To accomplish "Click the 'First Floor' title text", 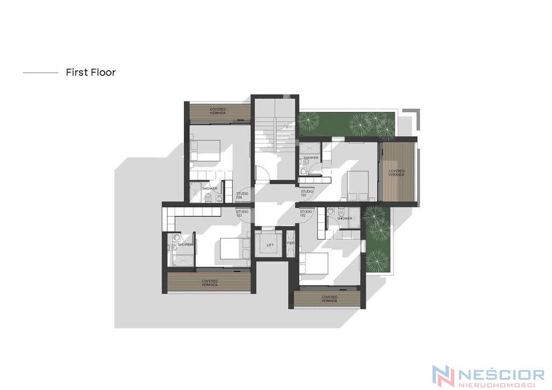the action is (91, 72).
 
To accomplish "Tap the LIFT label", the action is (270, 245).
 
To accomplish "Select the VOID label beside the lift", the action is (291, 243).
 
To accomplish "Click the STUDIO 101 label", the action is (307, 193).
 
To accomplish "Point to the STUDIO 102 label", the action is (306, 213).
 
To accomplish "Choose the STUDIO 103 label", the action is (242, 213).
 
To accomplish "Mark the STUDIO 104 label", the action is (242, 195).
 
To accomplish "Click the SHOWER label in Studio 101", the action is (311, 158).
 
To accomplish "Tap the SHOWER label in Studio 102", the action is (344, 218).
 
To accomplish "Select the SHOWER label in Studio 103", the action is (185, 245).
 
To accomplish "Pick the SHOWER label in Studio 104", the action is (210, 189).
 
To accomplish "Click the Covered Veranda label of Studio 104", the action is (218, 111).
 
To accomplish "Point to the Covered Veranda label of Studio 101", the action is (396, 173).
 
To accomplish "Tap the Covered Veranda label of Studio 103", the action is (210, 283).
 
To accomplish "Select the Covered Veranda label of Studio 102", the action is (329, 299).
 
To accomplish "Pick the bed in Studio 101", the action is (358, 186).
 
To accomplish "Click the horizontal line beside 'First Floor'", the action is (40, 73).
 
